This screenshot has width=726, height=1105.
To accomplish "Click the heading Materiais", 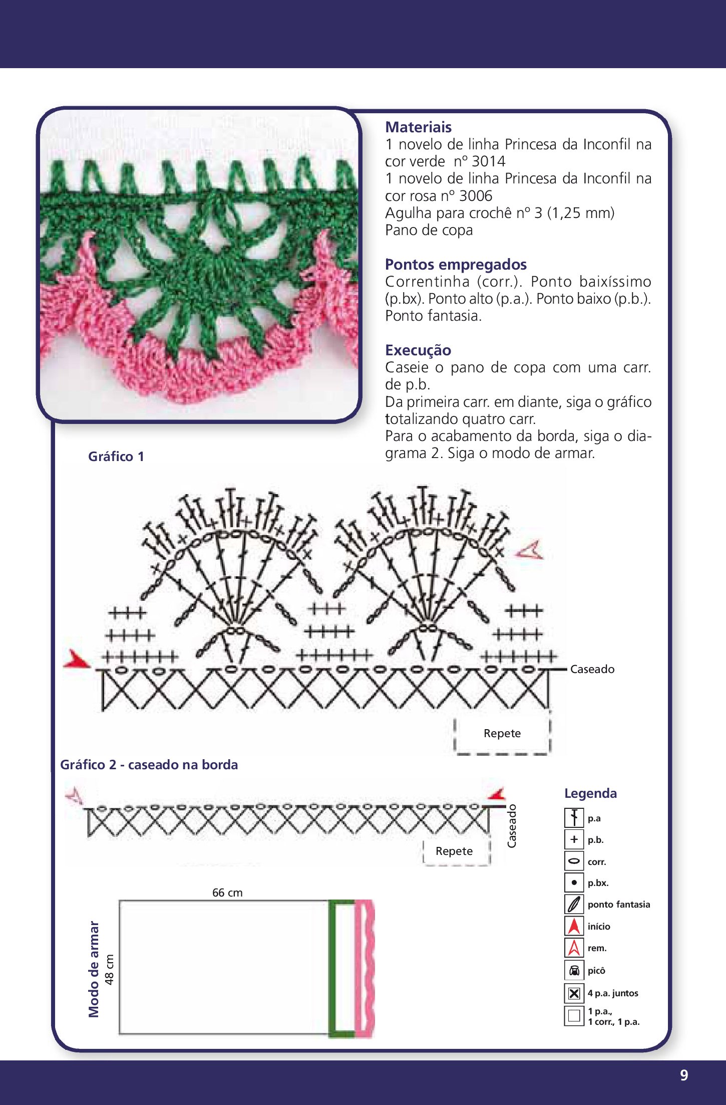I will click(x=418, y=127).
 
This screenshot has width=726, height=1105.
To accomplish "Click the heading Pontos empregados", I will click(x=456, y=264).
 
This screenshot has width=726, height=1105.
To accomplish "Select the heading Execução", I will click(x=418, y=350).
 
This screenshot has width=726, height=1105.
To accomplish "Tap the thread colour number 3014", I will click(x=488, y=161).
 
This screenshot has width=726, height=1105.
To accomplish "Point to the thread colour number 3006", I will click(x=476, y=196).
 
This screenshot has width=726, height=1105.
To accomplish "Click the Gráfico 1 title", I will click(x=116, y=457).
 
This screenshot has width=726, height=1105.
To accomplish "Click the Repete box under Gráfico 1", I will click(x=502, y=733).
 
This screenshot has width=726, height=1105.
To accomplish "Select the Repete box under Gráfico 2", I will click(x=454, y=851).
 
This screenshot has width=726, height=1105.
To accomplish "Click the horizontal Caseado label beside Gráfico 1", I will click(x=592, y=669).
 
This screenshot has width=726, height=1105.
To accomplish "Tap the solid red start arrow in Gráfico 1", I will click(x=76, y=659).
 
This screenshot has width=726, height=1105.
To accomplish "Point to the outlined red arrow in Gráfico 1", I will click(x=530, y=551).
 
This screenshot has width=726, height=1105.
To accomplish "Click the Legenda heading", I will click(x=590, y=793).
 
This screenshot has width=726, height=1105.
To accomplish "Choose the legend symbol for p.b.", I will click(x=574, y=839).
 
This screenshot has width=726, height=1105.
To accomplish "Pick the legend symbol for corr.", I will click(x=574, y=861).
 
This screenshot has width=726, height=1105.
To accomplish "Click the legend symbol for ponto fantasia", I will click(x=574, y=905).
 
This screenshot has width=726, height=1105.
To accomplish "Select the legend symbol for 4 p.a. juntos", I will click(x=574, y=993).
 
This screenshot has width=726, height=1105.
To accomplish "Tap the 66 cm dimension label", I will click(x=227, y=893).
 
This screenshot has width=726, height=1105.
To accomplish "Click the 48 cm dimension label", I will click(x=110, y=969).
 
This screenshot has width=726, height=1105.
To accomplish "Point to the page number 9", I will click(x=684, y=1075).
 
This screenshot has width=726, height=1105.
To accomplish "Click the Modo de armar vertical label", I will click(x=94, y=969).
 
